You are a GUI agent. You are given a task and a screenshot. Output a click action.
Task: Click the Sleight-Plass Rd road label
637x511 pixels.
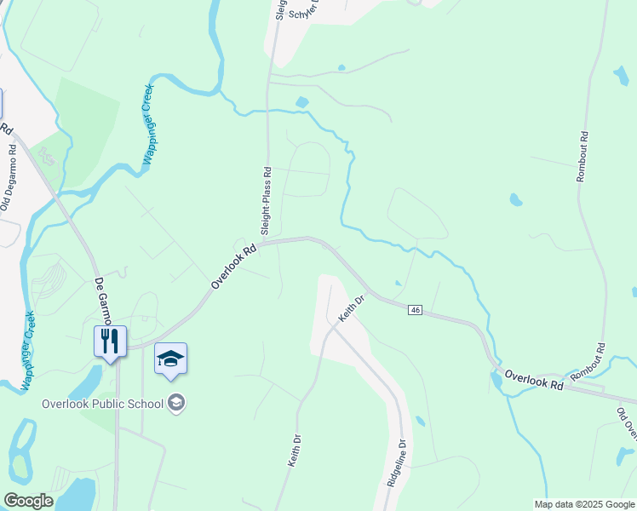(266, 201)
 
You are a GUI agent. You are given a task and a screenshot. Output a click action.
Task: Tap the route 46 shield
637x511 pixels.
(415, 310)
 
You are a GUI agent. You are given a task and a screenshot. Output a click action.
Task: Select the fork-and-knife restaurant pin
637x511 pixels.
(110, 342)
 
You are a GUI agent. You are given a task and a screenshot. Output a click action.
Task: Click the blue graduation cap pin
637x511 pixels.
(170, 359)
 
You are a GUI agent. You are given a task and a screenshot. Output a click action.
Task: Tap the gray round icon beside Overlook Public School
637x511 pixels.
(176, 403)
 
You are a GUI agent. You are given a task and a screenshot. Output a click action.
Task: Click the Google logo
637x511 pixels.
(28, 501)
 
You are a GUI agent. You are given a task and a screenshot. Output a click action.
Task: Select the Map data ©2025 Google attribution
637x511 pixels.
(584, 504)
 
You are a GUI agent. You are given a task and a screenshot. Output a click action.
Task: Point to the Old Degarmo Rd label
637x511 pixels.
(9, 178)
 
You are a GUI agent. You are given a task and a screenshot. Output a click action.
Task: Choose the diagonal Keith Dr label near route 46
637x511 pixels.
(351, 308)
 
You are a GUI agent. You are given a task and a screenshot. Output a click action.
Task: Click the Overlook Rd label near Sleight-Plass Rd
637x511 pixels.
(233, 267)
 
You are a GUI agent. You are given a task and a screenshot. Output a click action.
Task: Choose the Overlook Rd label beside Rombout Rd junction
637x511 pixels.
(534, 380)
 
